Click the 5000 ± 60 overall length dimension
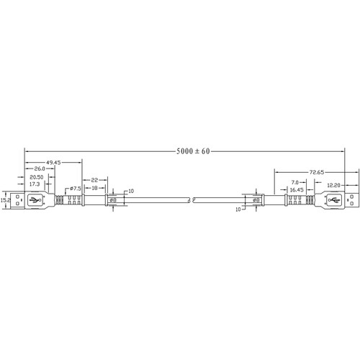193,151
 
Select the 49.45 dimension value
53,163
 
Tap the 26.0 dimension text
40,168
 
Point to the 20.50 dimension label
36,177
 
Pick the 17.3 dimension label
35,184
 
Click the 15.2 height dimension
5,199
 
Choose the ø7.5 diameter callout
76,189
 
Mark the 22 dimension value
94,180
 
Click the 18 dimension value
95,188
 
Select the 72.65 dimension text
316,172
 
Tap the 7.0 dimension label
294,182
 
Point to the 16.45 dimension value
297,190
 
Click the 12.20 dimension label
333,185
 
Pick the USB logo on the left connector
35,199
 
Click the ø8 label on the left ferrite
113,200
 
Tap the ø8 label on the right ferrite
256,200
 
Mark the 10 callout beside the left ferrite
131,192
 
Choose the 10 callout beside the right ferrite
238,210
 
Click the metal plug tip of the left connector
17,200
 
